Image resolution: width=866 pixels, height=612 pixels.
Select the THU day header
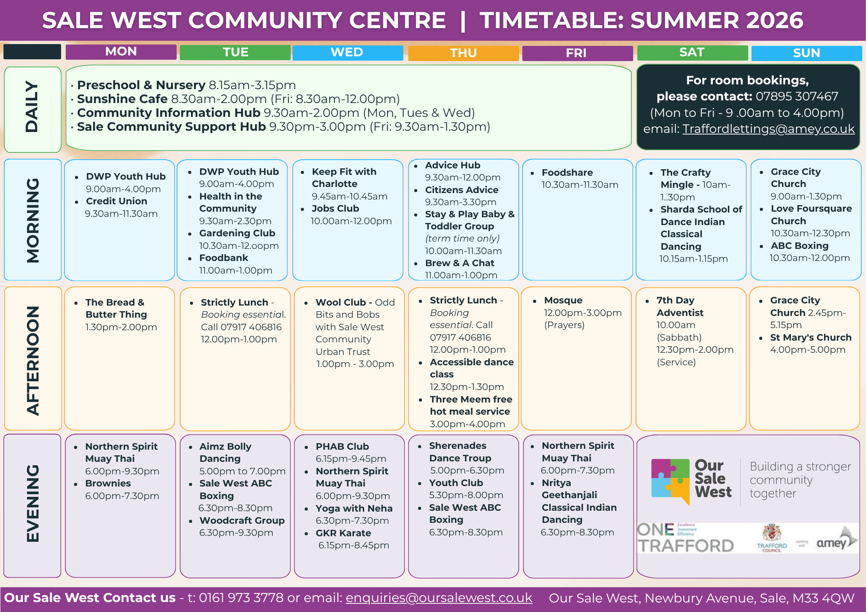(463, 53)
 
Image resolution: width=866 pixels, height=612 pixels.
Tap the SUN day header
(806, 53)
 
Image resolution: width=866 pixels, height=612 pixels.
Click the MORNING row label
(33, 220)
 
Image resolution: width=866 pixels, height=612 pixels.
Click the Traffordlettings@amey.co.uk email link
(769, 129)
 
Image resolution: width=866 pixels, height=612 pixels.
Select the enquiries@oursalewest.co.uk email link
(439, 598)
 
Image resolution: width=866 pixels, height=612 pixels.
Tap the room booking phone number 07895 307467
(797, 96)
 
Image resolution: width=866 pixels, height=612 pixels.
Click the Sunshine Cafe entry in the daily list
(122, 99)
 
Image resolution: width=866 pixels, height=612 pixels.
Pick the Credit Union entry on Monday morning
(116, 201)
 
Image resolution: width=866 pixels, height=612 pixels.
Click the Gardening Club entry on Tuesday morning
(237, 233)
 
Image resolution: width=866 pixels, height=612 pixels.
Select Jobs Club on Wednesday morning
(335, 209)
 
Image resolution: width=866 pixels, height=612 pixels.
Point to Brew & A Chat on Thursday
(459, 263)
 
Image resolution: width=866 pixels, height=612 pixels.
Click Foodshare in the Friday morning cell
(567, 173)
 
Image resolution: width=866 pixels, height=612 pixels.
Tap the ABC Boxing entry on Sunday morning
(799, 246)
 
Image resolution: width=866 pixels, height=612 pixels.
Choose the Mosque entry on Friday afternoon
(563, 300)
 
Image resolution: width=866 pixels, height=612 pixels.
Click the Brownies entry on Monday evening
(108, 483)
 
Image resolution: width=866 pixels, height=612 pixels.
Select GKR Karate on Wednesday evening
(343, 533)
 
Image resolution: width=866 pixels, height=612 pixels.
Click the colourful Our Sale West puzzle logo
(670, 482)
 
